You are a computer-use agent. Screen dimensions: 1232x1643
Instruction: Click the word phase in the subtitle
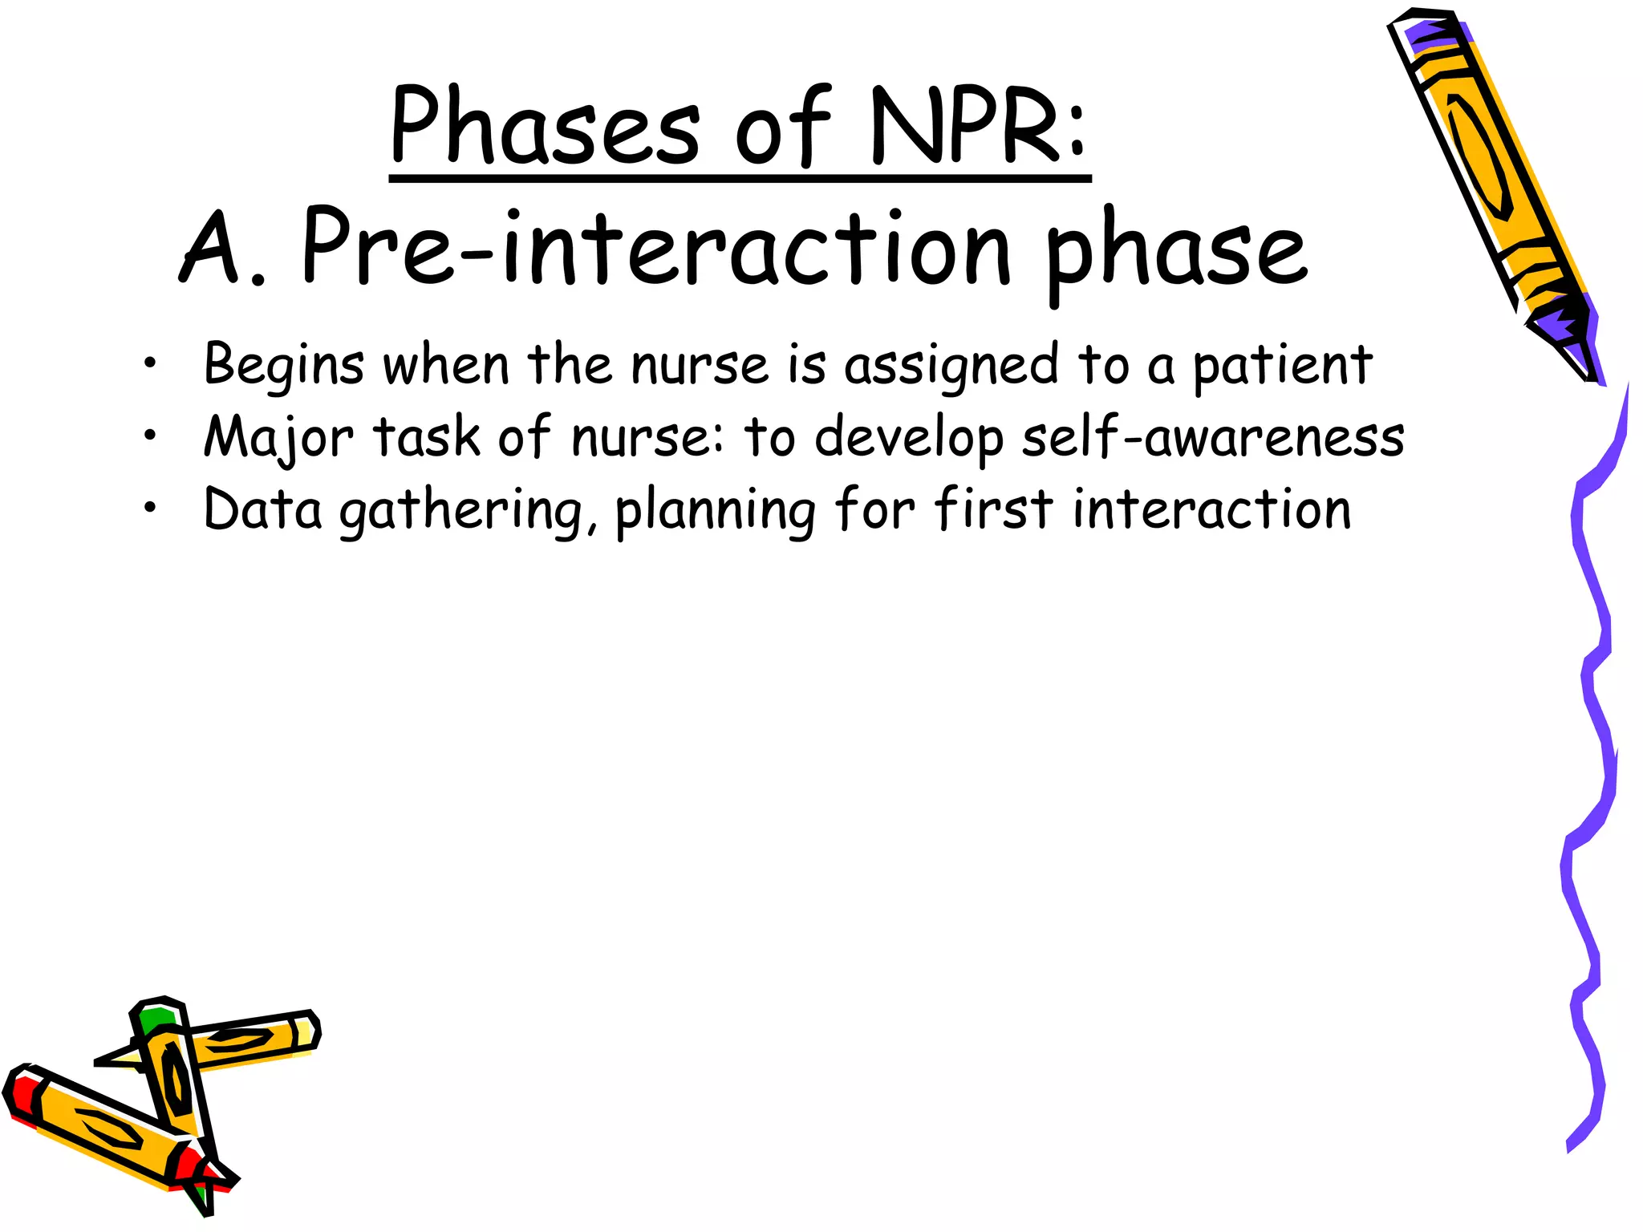click(1176, 253)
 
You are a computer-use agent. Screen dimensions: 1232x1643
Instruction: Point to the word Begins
click(284, 366)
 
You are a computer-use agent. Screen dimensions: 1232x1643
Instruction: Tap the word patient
click(1282, 366)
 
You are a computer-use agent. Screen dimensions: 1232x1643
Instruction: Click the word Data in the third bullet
click(263, 510)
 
